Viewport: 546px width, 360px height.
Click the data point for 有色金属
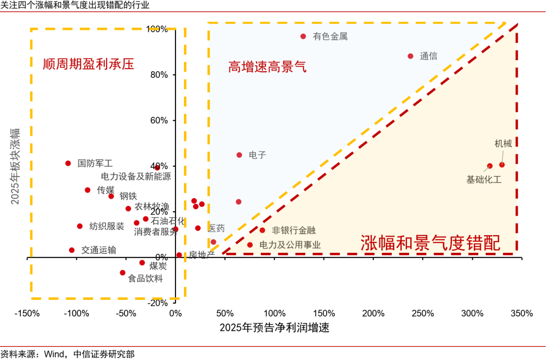(x=303, y=36)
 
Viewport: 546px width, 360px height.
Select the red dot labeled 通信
(x=411, y=56)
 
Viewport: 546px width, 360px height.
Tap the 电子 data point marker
(x=239, y=155)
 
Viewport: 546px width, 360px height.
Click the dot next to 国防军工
(x=68, y=163)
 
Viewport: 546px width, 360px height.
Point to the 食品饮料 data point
(x=122, y=273)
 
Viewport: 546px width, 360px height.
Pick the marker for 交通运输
(x=72, y=250)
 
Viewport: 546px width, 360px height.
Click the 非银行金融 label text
(x=293, y=230)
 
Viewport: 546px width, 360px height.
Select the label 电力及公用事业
(x=290, y=245)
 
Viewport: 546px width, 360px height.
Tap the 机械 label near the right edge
(x=503, y=144)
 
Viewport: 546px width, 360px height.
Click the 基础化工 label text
(x=484, y=179)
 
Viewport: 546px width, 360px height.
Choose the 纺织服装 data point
(x=80, y=226)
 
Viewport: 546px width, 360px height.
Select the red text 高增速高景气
(x=267, y=67)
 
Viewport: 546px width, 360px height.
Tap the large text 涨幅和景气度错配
(x=430, y=244)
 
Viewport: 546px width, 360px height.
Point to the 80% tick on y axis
(x=160, y=75)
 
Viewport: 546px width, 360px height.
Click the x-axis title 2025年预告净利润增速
(x=274, y=328)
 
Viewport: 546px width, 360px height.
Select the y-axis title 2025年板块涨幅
(x=15, y=165)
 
